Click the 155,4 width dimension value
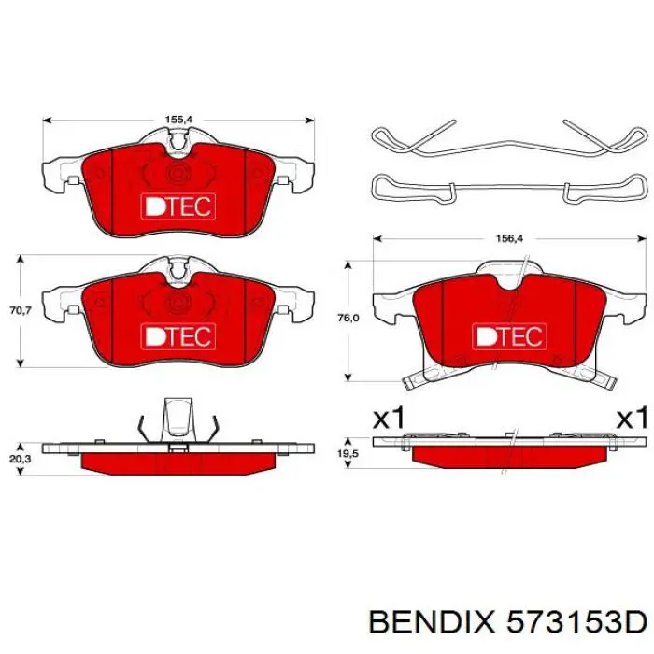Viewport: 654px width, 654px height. (x=179, y=120)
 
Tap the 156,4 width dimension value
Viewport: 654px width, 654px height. (x=507, y=239)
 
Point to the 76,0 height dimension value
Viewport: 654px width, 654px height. (x=348, y=318)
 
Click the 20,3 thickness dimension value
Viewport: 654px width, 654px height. (x=21, y=434)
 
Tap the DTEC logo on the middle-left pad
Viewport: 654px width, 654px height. (x=178, y=334)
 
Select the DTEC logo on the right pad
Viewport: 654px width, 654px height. (x=507, y=334)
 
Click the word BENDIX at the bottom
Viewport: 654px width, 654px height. (x=428, y=620)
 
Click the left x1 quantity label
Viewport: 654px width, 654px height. (x=388, y=419)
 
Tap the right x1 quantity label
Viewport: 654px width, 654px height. (x=631, y=419)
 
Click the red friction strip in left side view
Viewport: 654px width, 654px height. (x=178, y=462)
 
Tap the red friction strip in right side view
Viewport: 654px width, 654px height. (x=507, y=454)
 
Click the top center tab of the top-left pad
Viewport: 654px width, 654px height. (x=178, y=141)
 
